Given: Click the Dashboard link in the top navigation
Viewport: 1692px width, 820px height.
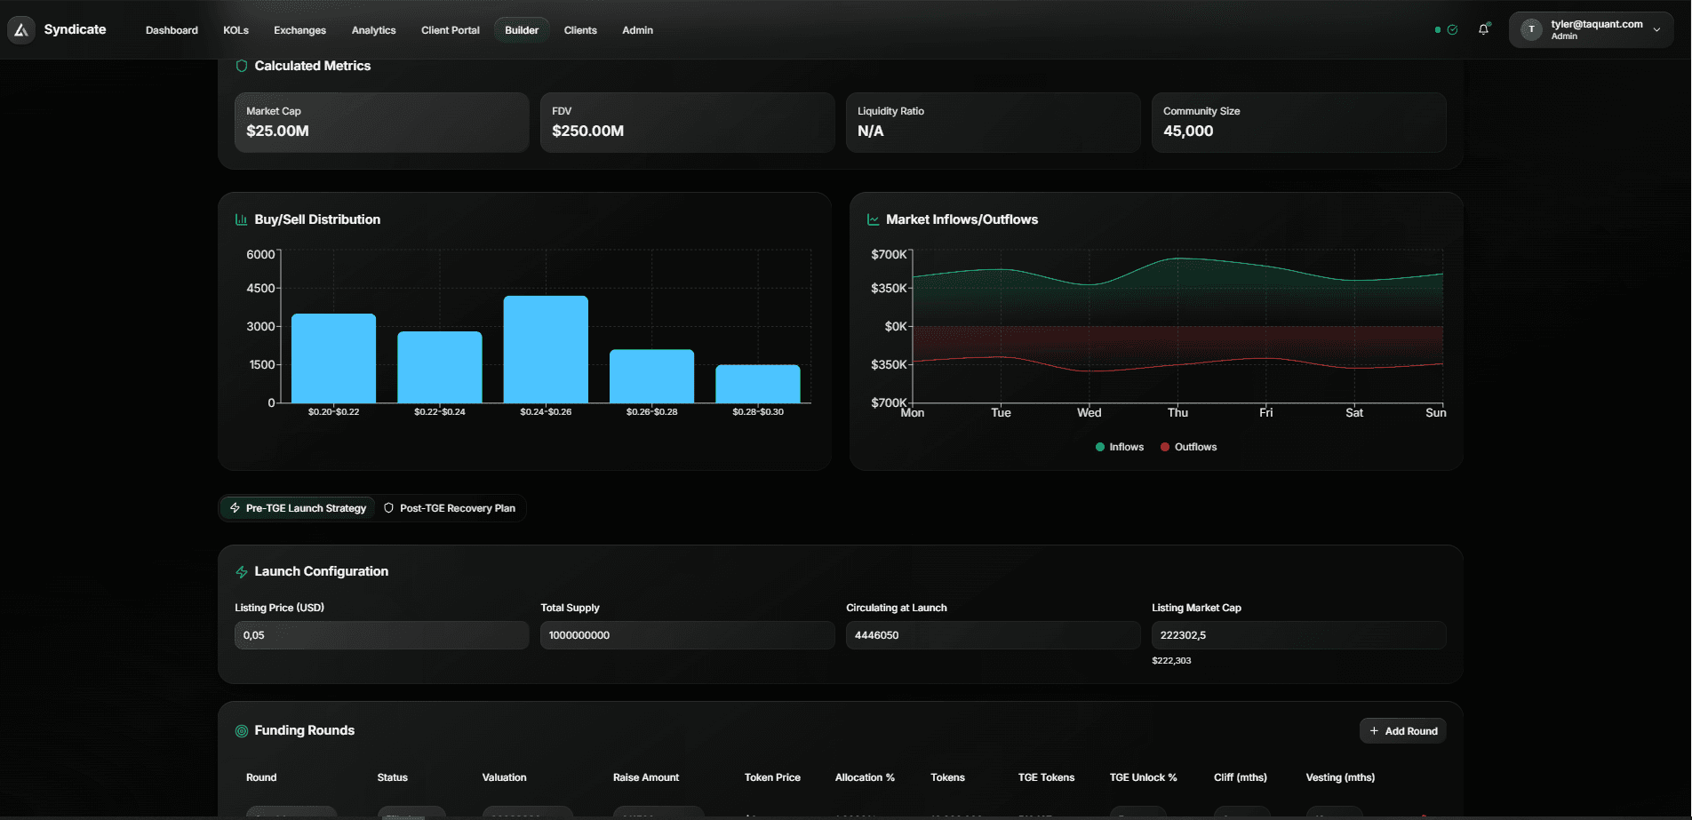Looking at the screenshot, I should coord(172,30).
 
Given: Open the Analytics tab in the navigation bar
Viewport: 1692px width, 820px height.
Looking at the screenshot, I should coord(373,30).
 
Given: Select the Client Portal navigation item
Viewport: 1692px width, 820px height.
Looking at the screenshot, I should coord(450,30).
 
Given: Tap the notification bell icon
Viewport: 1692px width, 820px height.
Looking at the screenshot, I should coord(1483,29).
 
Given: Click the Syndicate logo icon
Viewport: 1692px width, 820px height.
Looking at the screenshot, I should coord(21,30).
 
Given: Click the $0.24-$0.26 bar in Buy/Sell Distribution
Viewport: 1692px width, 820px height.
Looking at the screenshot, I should coord(546,349).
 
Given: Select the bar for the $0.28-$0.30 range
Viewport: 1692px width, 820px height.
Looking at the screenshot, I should coord(758,384).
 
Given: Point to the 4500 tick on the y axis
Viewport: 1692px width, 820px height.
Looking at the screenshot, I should coord(260,288).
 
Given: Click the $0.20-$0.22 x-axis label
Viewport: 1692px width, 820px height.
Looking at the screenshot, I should coord(333,412).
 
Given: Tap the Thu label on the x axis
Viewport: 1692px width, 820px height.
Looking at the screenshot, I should coord(1177,413).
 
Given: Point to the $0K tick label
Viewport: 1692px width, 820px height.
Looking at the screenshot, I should coord(896,326).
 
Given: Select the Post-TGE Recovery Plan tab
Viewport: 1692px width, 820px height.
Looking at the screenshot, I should coord(450,508).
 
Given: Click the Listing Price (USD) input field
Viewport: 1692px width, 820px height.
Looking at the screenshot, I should coord(381,635).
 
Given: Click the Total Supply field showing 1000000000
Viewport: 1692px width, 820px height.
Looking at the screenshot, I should coord(687,635).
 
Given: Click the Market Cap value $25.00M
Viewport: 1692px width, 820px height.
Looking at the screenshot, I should coord(277,131).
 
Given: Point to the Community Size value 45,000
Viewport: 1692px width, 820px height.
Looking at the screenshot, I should coord(1188,131).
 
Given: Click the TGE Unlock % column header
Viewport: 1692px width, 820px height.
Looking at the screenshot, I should coord(1143,777).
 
